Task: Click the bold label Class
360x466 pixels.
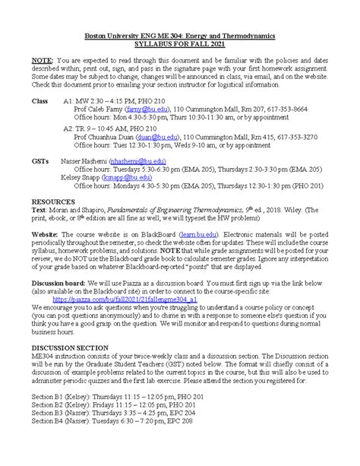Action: (40, 101)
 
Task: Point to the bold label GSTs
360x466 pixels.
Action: (41, 161)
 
